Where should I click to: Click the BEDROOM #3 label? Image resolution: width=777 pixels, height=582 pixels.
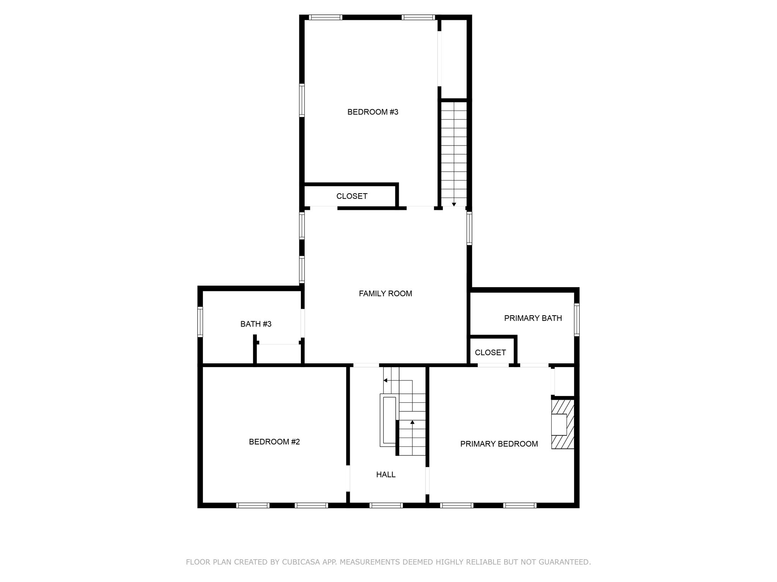373,112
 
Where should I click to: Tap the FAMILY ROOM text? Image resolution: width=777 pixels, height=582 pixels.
385,294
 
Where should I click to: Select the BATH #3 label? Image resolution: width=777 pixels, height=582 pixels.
256,324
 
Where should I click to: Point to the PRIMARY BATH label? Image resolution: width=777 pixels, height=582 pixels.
533,318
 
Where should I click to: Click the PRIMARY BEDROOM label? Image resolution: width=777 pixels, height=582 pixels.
499,444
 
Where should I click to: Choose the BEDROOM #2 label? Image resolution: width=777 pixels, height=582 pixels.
274,442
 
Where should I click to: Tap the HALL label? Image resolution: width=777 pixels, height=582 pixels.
385,475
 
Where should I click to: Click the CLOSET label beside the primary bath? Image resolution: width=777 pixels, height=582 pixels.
490,353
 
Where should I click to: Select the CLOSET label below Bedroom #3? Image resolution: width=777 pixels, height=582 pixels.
352,196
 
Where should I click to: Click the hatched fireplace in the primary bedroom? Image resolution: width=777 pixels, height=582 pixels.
562,424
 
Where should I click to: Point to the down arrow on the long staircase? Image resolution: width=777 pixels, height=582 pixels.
454,205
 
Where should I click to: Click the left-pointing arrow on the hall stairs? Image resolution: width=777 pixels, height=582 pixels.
385,380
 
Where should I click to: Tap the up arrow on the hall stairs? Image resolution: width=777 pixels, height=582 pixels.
412,422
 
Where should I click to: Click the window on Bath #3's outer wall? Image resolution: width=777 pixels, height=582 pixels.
200,322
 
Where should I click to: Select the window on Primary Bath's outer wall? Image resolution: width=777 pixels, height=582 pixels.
576,319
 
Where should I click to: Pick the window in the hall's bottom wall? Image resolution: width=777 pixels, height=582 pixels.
386,505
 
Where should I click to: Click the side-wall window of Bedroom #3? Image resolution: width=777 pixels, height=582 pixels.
302,100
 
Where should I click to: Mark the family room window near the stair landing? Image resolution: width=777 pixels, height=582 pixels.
469,228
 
